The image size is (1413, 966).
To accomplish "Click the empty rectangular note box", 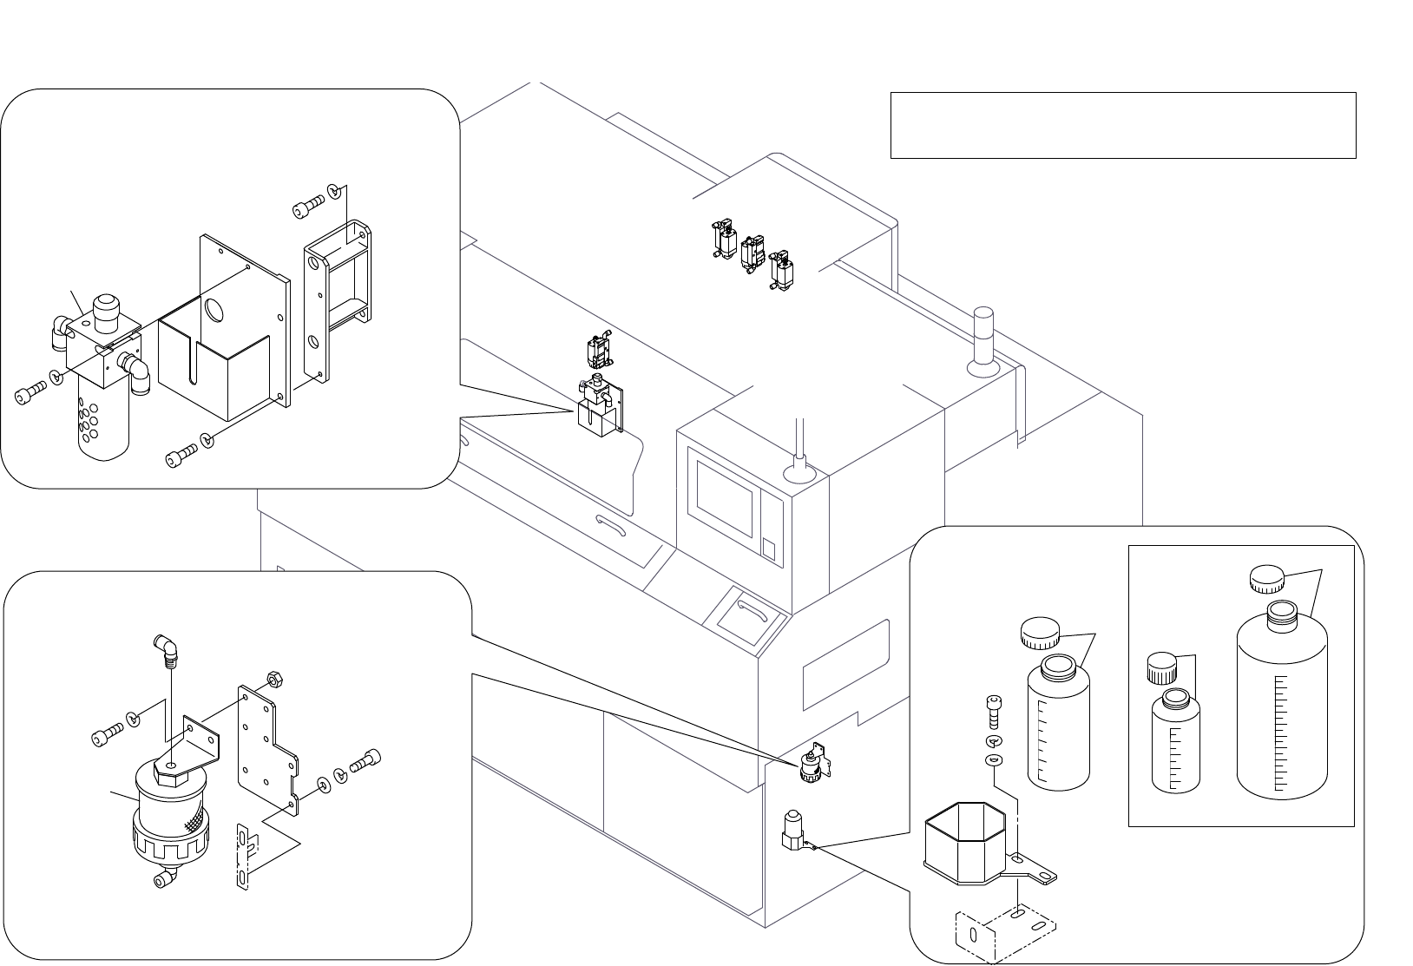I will coord(1122,125).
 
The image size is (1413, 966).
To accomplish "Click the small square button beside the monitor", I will coord(768,549).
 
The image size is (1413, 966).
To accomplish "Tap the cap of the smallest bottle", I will coord(1160,667).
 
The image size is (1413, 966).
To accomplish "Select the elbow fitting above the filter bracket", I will coord(164,647).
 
